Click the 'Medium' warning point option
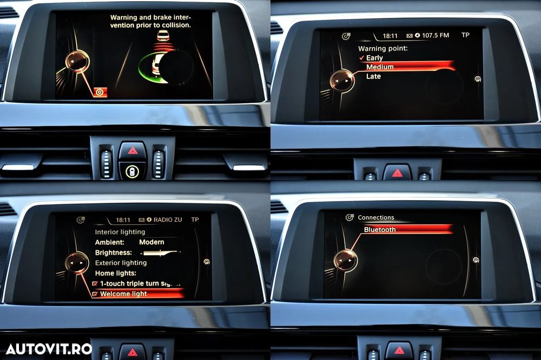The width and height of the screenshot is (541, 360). pos(380,67)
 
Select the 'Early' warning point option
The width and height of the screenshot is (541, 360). pos(374,58)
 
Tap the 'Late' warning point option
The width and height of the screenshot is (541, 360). pos(373,76)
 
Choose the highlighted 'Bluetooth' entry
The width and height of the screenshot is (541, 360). pos(380,230)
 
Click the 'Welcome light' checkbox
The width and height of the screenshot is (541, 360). pos(95,294)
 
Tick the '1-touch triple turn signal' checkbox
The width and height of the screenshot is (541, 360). pos(95,284)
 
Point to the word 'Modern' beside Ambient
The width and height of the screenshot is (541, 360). pos(151,242)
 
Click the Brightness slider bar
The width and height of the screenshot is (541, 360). pos(161,253)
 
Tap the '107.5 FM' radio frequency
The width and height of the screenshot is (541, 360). pos(436,35)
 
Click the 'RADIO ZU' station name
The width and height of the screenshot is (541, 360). pos(168,219)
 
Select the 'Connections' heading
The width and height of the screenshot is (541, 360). pos(376,218)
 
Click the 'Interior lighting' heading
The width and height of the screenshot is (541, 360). pos(120,232)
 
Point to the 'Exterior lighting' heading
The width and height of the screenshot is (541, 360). pos(121,263)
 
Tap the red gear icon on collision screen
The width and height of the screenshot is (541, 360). pos(100,92)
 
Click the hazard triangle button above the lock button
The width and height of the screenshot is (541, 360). pos(133,151)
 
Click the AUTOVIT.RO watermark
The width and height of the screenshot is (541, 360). pos(49,349)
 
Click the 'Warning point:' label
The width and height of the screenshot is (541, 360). pos(383,49)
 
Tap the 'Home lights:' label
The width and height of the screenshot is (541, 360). pos(116,273)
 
